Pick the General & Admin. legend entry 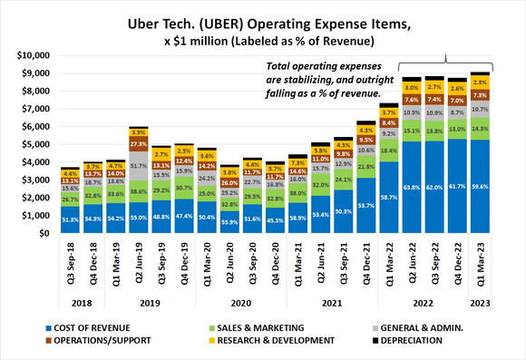[x=436, y=326]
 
